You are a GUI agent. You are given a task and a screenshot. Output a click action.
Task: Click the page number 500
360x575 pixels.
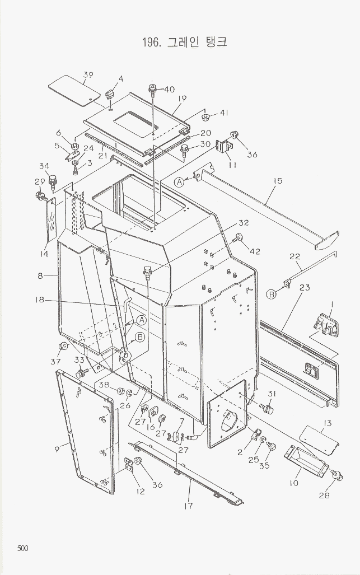point(22,548)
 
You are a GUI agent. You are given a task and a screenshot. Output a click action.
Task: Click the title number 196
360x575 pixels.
point(152,42)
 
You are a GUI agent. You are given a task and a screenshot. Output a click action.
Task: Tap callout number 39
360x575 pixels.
point(88,75)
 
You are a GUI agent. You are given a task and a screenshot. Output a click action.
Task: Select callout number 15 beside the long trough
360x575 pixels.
point(277,181)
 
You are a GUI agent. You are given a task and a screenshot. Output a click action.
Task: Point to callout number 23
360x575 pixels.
point(305,287)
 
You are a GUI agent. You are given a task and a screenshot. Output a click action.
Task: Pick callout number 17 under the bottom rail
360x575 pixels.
point(189,506)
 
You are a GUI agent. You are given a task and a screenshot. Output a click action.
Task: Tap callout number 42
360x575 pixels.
point(255,252)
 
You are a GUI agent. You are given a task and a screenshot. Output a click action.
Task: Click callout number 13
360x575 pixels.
point(328,423)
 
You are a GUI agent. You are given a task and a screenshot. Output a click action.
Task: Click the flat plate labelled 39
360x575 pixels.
point(71,90)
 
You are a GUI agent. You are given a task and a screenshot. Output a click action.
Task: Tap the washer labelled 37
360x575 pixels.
point(64,345)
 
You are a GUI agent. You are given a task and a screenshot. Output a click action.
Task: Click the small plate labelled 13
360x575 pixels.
point(316,439)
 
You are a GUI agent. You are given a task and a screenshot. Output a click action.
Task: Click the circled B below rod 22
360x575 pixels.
point(271,294)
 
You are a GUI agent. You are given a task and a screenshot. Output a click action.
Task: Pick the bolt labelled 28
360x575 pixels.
point(336,476)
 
